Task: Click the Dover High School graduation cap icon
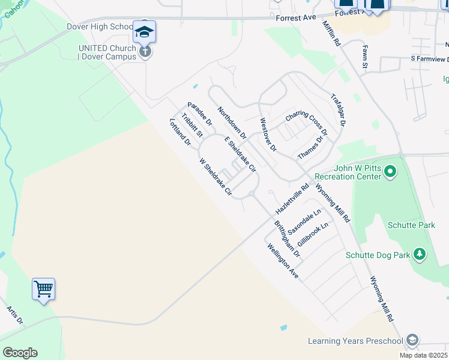click(x=144, y=31)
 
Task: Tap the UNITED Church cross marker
click(x=145, y=52)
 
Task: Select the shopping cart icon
click(x=44, y=290)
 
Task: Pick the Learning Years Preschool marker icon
click(x=412, y=340)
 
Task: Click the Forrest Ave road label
click(x=295, y=18)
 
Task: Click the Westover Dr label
click(x=268, y=134)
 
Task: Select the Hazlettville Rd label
click(x=292, y=199)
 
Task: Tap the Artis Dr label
click(x=14, y=316)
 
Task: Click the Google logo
click(x=20, y=353)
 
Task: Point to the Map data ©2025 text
click(x=422, y=355)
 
